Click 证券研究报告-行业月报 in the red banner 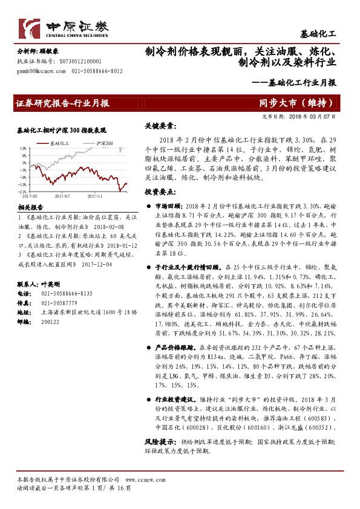tap(63, 103)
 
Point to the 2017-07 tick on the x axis tap(62, 196)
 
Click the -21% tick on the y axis tap(22, 191)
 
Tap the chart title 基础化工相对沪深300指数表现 tap(62, 130)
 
